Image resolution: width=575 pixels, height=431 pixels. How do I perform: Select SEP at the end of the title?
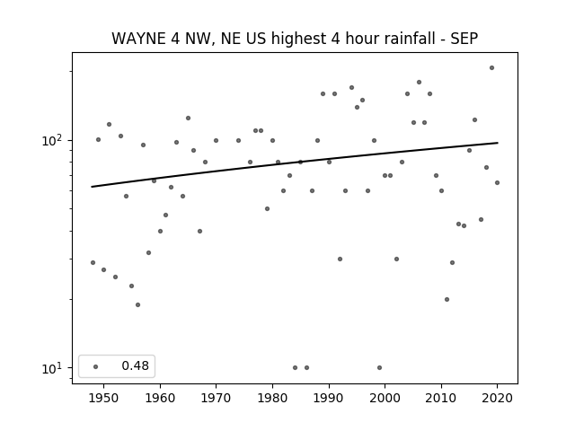click(464, 39)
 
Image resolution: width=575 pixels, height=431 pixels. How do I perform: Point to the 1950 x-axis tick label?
click(104, 398)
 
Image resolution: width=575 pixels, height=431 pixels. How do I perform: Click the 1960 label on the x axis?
click(160, 398)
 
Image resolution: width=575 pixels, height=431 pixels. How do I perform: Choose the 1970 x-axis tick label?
click(216, 398)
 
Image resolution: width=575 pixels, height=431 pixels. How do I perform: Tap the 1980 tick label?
click(272, 398)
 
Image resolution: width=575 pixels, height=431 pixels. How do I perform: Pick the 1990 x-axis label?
click(329, 398)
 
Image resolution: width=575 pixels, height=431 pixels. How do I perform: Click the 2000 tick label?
click(385, 398)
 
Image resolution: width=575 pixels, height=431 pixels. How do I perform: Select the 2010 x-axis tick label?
click(441, 398)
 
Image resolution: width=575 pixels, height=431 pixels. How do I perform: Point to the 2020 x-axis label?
click(497, 398)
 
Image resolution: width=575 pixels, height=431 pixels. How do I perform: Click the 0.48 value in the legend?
click(136, 365)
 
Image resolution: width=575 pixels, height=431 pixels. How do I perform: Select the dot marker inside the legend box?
click(96, 366)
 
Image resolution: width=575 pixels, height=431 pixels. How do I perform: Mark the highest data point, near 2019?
click(491, 68)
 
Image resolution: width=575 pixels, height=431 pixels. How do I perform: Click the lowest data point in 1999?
click(379, 367)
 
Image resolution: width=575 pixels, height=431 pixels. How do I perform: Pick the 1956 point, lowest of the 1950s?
click(137, 305)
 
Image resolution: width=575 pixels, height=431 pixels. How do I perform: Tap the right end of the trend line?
click(498, 143)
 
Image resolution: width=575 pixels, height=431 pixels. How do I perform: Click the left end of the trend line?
click(92, 187)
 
